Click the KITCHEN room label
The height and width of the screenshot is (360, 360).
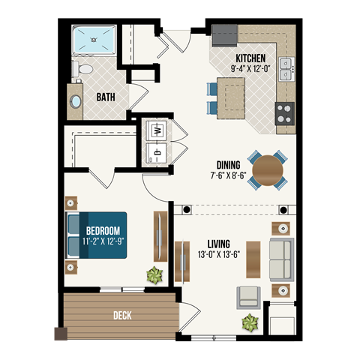(x=251, y=58)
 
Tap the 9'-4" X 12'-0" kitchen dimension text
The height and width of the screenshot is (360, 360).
(x=251, y=68)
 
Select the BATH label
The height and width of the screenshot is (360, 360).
(x=106, y=97)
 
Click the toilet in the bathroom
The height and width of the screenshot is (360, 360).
(x=83, y=70)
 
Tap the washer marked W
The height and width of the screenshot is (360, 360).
(x=158, y=129)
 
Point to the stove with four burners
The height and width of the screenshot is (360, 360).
(x=286, y=112)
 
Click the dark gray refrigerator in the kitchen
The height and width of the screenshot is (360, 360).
(x=223, y=34)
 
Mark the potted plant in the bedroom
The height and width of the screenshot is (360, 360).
(x=154, y=275)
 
